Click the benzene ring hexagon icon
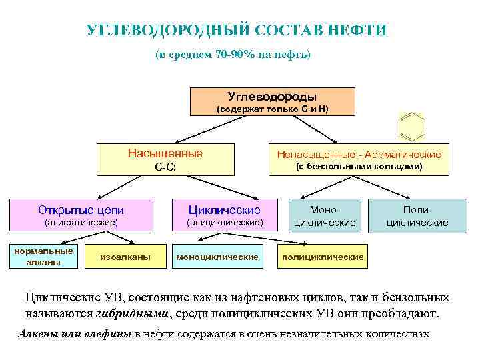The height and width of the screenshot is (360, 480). point(411,126)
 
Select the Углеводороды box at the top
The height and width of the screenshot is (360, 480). point(273,101)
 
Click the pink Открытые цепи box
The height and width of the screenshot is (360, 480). point(81,215)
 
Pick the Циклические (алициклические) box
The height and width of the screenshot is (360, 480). point(225,215)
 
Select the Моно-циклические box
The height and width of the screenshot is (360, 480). point(325,215)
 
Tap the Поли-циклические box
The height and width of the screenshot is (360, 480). point(418,215)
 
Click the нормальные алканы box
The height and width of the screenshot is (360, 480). point(44,256)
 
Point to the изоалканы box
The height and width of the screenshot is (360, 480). point(125,256)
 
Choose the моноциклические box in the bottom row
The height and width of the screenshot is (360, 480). point(217,256)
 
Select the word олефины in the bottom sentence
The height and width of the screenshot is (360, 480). point(107,334)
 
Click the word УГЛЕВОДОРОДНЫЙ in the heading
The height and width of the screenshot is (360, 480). point(168,31)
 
